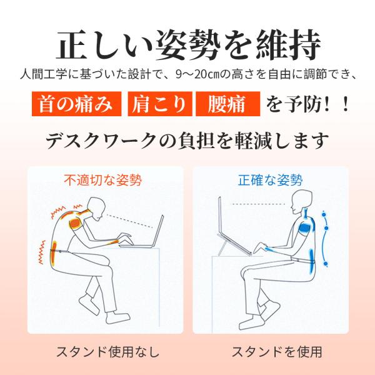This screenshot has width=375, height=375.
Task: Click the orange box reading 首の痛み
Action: pyautogui.click(x=76, y=104)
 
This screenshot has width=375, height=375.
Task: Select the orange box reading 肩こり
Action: pyautogui.click(x=160, y=104)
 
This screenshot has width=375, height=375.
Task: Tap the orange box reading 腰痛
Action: pyautogui.click(x=228, y=104)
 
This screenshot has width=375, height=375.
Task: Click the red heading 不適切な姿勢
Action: pyautogui.click(x=103, y=180)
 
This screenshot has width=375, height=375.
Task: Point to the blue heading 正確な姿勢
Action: pyautogui.click(x=271, y=180)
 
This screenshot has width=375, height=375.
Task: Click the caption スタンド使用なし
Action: pyautogui.click(x=107, y=351)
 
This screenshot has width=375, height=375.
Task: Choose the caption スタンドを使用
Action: pyautogui.click(x=277, y=351)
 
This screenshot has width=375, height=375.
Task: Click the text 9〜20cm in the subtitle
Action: pyautogui.click(x=197, y=74)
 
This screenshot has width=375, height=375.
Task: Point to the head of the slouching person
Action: pyautogui.click(x=96, y=209)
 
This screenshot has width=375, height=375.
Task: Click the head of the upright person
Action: pyautogui.click(x=302, y=201)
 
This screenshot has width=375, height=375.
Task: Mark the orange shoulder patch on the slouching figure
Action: pyautogui.click(x=75, y=223)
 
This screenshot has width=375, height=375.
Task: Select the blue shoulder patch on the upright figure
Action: pyautogui.click(x=306, y=227)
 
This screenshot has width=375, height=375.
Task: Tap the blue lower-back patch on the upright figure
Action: pyautogui.click(x=311, y=261)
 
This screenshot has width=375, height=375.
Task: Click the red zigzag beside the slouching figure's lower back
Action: pyautogui.click(x=42, y=252)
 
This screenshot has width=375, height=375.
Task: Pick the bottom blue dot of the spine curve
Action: pyautogui.click(x=326, y=264)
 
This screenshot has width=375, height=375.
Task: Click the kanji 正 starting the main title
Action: pyautogui.click(x=71, y=45)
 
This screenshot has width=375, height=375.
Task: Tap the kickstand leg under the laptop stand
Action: pyautogui.click(x=222, y=249)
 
